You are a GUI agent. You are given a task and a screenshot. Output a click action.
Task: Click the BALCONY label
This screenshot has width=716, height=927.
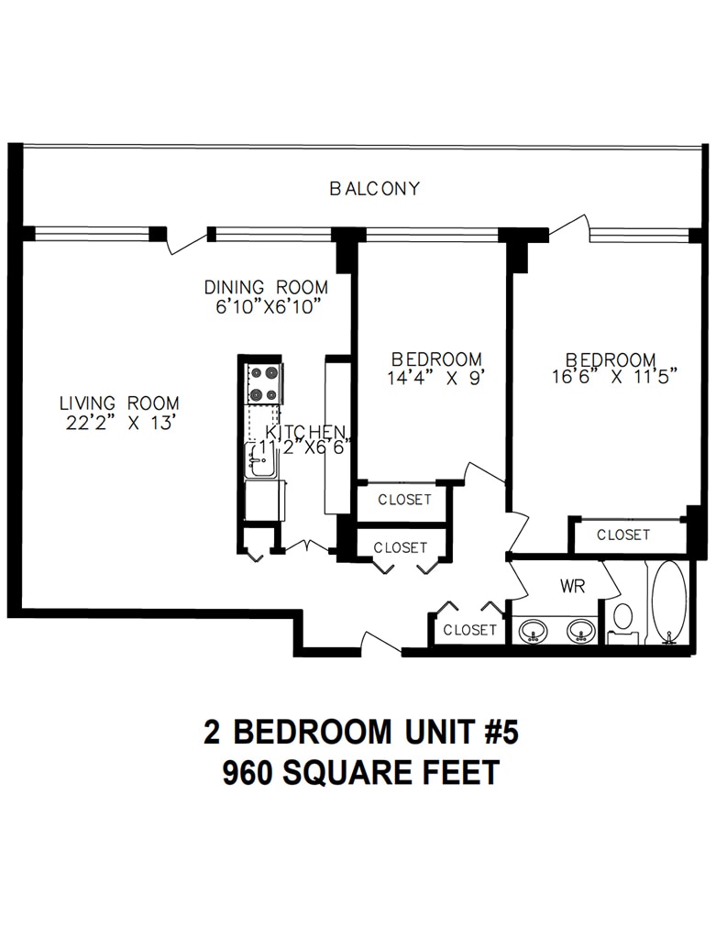tap(374, 189)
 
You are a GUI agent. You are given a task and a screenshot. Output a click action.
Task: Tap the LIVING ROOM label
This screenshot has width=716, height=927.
tap(119, 403)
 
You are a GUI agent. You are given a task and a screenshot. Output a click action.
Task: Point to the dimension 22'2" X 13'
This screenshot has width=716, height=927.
tap(121, 423)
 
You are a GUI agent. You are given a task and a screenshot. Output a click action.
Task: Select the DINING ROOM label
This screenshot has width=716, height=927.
tap(266, 287)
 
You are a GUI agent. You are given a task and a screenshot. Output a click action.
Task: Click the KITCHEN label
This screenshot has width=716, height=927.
tap(305, 432)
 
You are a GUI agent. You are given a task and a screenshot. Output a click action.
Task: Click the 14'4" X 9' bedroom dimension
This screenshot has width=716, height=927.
tap(435, 378)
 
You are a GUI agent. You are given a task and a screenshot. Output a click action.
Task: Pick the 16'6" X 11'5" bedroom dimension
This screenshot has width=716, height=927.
tap(613, 377)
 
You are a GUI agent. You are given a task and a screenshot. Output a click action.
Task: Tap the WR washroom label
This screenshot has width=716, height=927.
tap(572, 586)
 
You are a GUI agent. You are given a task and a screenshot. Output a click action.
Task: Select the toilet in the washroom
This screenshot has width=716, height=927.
tap(622, 623)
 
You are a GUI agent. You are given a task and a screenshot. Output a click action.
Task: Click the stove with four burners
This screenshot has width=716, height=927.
tap(264, 383)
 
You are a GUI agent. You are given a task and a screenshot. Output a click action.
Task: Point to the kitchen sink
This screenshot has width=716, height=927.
tap(260, 459)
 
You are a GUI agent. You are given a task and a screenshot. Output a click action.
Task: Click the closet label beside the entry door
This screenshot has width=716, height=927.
tap(469, 630)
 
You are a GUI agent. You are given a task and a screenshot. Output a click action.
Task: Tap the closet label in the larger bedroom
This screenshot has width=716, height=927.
tap(623, 535)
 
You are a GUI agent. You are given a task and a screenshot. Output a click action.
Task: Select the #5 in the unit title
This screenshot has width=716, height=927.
tap(502, 732)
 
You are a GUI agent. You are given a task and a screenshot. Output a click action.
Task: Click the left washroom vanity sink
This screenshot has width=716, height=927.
tap(534, 630)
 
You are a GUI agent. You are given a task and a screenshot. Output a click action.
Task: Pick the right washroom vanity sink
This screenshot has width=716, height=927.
tap(582, 630)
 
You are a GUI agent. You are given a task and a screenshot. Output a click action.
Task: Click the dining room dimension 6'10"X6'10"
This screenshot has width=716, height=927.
tap(268, 307)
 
